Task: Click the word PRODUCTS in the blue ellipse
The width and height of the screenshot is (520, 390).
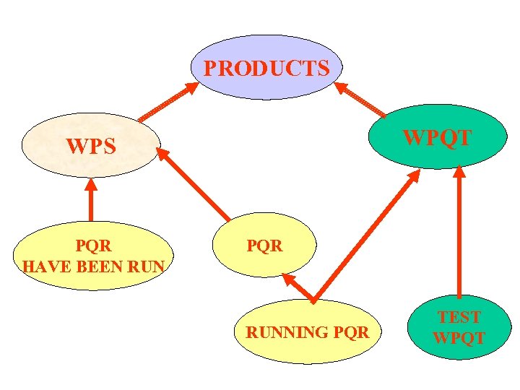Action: [266, 69]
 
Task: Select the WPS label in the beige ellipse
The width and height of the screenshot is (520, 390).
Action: [91, 147]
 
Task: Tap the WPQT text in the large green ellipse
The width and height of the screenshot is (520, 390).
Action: [436, 137]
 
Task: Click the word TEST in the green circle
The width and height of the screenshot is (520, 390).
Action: [459, 317]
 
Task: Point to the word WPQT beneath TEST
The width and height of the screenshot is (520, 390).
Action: [459, 337]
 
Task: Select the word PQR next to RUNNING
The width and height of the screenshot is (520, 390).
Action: [351, 333]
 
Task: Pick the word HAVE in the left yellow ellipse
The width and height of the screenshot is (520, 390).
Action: [45, 266]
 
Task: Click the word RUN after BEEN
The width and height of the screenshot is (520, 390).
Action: [148, 266]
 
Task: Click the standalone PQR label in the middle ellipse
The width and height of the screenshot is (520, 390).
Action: [265, 246]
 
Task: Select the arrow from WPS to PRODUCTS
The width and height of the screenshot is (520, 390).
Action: [168, 101]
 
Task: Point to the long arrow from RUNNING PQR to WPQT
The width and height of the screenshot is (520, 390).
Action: [367, 235]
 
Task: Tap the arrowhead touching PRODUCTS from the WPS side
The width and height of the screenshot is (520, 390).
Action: [191, 87]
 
